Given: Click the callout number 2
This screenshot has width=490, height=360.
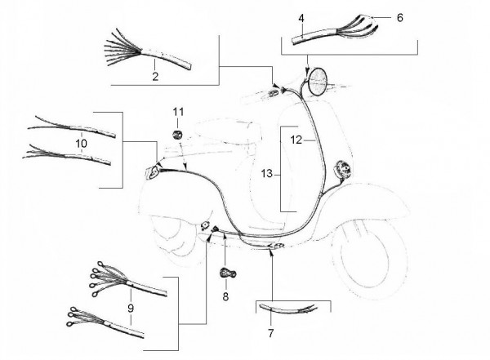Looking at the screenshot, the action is [x=155, y=76].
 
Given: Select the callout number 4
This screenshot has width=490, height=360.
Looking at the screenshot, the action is [x=301, y=18].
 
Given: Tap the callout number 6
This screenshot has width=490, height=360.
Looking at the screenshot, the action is [x=400, y=18].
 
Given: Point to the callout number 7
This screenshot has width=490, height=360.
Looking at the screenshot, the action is [x=270, y=333].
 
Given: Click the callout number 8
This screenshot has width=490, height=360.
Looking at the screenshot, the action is [x=225, y=296].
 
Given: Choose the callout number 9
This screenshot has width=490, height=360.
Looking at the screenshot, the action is [x=131, y=309].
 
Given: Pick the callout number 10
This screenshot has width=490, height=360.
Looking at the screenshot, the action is [x=81, y=144].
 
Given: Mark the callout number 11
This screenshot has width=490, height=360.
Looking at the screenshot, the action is [x=178, y=112].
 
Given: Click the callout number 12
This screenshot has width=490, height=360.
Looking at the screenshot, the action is [x=296, y=140].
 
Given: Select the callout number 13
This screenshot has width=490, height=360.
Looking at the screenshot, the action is [x=267, y=173].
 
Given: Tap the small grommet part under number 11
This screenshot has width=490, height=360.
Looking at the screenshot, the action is [x=177, y=136].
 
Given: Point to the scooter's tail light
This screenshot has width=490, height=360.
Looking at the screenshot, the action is [x=152, y=173].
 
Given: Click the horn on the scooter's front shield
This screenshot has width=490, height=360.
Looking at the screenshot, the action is [x=342, y=169].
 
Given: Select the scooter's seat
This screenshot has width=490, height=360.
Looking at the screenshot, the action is [x=228, y=133].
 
